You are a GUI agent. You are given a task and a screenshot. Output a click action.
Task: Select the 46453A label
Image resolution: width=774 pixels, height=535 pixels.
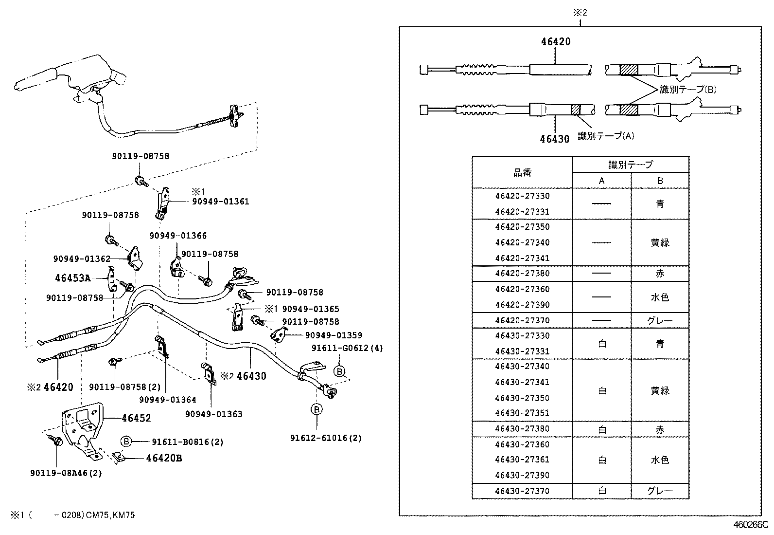72,278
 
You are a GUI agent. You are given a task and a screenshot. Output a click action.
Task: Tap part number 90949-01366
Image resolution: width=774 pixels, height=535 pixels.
178,236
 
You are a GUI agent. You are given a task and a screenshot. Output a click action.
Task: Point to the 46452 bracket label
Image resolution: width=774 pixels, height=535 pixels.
136,418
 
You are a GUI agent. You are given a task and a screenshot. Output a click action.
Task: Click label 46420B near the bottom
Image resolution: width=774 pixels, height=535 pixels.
164,458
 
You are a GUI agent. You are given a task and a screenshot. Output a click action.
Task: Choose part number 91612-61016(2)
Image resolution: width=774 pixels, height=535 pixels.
326,438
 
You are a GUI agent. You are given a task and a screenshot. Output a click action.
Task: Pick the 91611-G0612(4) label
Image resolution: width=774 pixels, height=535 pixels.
347,348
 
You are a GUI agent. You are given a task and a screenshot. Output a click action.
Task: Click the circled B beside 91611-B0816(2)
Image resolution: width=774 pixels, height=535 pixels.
126,442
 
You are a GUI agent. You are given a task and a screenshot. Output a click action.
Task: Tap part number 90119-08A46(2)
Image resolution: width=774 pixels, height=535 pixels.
66,473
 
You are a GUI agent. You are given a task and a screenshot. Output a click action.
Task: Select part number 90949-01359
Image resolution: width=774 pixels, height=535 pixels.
334,335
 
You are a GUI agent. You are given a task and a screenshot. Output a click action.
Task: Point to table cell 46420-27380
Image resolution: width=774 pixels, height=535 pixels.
522,274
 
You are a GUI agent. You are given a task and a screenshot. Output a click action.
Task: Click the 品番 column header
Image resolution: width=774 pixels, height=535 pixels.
522,172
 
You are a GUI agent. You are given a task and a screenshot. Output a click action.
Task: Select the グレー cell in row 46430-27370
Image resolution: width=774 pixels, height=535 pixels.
660,491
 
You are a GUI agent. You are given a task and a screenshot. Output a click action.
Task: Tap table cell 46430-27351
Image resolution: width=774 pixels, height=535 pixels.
522,413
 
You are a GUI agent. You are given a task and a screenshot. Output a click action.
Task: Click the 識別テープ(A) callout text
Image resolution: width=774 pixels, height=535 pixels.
606,136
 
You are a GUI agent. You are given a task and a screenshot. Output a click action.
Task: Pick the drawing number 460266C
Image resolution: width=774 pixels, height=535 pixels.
750,525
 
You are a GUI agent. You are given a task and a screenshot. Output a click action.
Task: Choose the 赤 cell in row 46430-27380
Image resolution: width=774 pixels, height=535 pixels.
660,429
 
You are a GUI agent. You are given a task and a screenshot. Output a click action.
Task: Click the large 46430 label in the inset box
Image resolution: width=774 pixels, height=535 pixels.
554,139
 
